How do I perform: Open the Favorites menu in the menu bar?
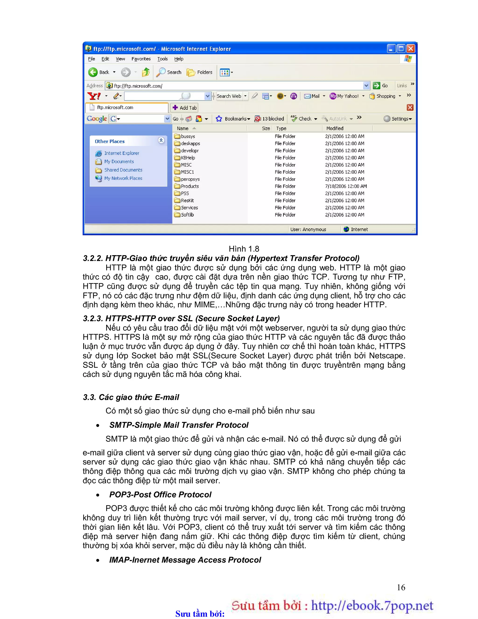click(x=141, y=59)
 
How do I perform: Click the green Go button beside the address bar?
click(x=380, y=86)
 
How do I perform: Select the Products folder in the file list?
click(x=190, y=186)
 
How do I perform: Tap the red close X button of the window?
click(x=411, y=49)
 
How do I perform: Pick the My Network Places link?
click(x=123, y=178)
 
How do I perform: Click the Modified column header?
click(x=335, y=128)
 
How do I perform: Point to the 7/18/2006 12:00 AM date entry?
click(x=346, y=186)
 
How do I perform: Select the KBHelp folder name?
click(x=188, y=158)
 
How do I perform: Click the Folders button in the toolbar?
click(x=200, y=72)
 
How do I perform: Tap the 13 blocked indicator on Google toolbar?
click(x=269, y=119)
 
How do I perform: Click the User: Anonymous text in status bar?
click(x=308, y=229)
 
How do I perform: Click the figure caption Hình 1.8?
click(x=244, y=249)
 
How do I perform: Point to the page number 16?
click(x=401, y=587)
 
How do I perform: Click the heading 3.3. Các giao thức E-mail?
click(x=131, y=397)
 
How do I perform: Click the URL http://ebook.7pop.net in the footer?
click(x=372, y=605)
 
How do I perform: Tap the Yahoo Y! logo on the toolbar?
click(x=94, y=96)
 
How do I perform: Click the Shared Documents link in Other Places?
click(x=123, y=170)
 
